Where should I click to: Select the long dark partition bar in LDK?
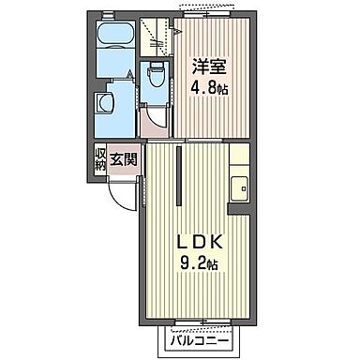(176, 173)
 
